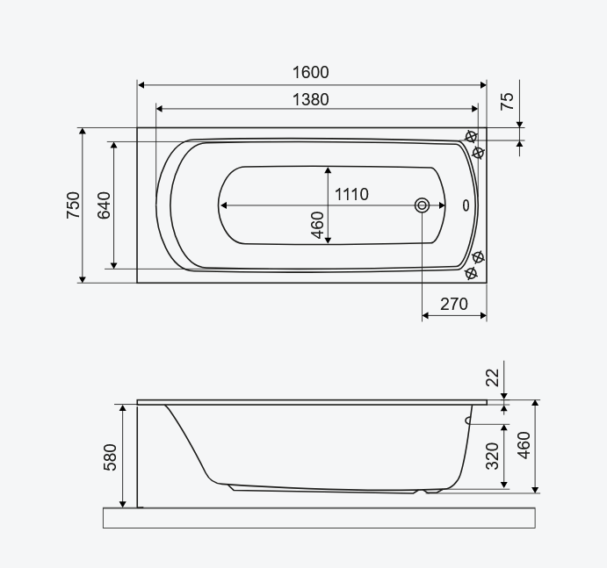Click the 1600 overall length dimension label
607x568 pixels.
click(310, 72)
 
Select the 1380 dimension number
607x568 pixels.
click(310, 99)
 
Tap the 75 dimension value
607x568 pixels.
click(507, 101)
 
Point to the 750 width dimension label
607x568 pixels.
click(73, 205)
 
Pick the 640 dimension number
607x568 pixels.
click(104, 205)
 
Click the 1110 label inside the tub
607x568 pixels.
click(351, 194)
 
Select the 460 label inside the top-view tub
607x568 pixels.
click(317, 226)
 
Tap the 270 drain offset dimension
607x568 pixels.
click(453, 304)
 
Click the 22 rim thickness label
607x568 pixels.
click(493, 377)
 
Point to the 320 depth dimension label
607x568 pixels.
click(493, 456)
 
